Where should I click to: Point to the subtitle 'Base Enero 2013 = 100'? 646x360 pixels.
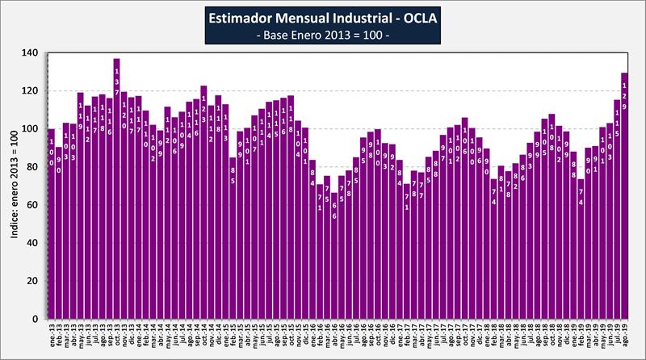click(322, 36)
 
